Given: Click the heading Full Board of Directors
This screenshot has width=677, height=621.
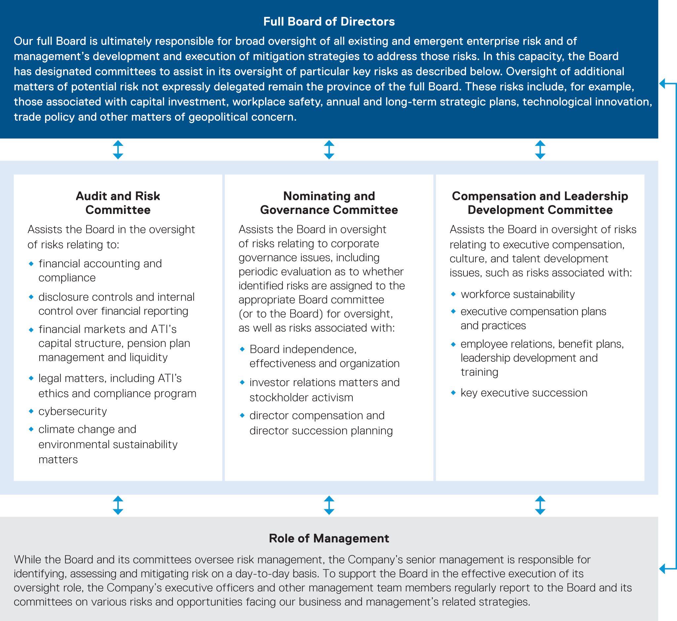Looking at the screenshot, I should coord(329,22).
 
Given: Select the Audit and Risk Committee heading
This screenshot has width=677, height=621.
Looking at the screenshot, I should coord(118,203).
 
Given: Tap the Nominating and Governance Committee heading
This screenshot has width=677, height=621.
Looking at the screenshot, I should coord(329,203).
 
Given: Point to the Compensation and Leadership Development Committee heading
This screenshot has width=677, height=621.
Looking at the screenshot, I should coord(540,203).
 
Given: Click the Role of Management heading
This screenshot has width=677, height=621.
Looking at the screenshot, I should coord(329,538).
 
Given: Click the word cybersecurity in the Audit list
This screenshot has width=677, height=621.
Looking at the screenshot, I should coord(73,411).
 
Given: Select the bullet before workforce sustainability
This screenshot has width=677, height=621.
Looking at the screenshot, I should coord(453,294).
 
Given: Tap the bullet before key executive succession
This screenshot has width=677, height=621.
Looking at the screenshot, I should coord(453,393).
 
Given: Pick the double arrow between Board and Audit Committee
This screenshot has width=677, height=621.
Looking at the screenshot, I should coord(118,149).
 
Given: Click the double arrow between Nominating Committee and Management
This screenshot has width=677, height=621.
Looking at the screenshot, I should coord(329,505).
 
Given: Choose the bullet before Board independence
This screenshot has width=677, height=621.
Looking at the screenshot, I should coord(242,350).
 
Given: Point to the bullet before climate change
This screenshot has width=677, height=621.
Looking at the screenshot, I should coord(31,429).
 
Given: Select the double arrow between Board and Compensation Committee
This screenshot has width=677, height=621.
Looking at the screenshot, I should coord(540,149).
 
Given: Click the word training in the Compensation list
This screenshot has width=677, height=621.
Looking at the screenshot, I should coord(479,372).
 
